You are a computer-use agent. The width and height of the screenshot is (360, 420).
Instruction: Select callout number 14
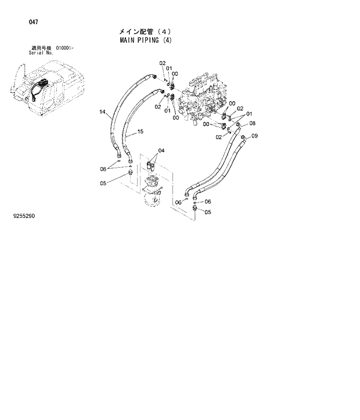click(x=102, y=112)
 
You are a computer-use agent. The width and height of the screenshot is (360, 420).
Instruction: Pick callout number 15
click(x=140, y=132)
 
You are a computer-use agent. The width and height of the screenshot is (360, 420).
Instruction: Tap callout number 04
click(x=161, y=151)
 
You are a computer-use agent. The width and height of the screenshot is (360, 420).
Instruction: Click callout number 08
click(x=253, y=123)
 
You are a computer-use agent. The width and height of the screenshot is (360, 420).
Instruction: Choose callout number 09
click(x=254, y=136)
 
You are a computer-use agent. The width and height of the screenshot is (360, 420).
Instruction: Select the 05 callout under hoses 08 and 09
click(x=208, y=212)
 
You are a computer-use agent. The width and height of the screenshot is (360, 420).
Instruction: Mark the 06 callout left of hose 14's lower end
click(x=103, y=169)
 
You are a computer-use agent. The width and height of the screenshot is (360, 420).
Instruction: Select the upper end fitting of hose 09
click(x=243, y=137)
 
